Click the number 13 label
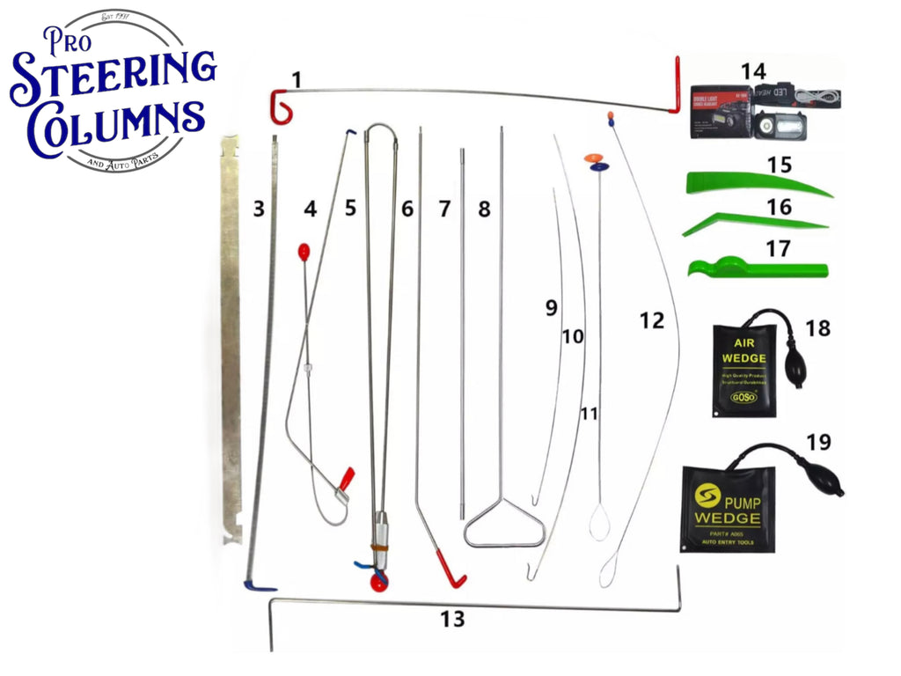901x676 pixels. pyautogui.click(x=452, y=620)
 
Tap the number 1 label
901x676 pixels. pyautogui.click(x=297, y=80)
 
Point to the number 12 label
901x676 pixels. pyautogui.click(x=651, y=321)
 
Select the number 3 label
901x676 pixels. pyautogui.click(x=258, y=209)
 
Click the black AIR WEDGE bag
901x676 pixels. pyautogui.click(x=744, y=371)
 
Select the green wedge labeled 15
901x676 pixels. pyautogui.click(x=757, y=185)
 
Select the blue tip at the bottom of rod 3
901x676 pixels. pyautogui.click(x=259, y=585)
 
